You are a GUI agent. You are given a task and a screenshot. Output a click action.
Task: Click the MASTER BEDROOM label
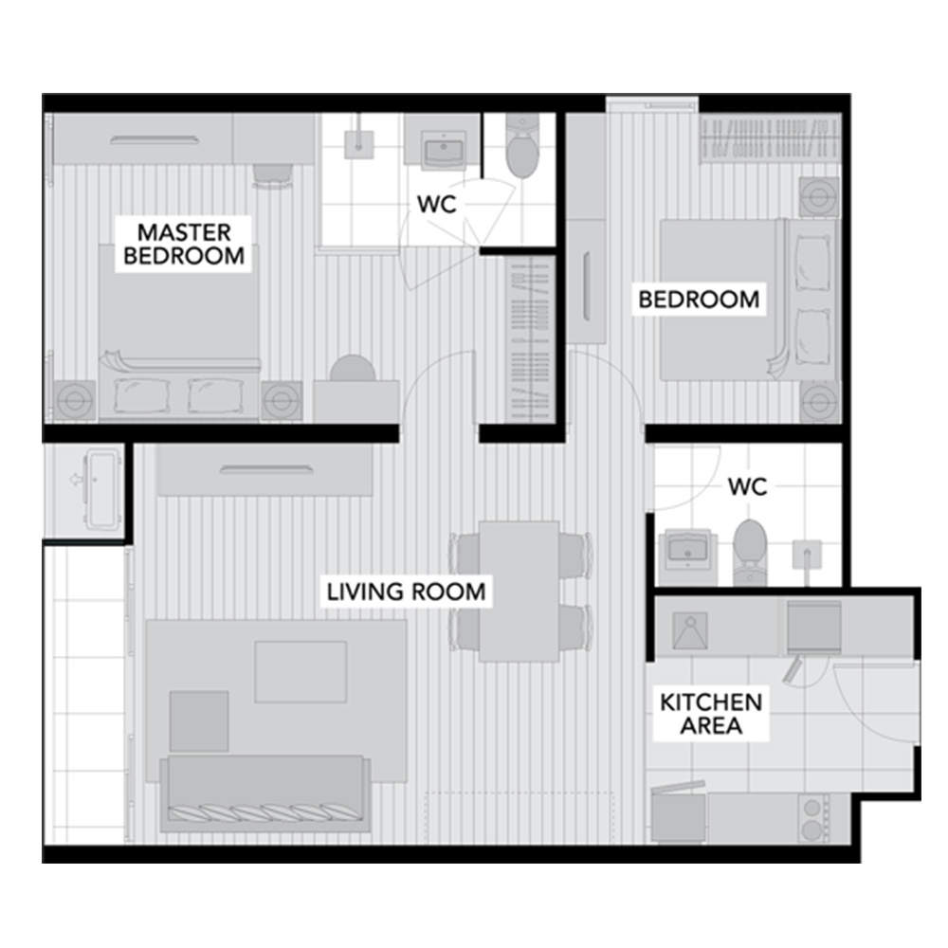coord(184,244)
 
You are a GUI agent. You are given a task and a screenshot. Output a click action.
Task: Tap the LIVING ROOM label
coord(407,592)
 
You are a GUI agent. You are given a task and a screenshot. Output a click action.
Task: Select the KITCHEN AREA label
coord(711,714)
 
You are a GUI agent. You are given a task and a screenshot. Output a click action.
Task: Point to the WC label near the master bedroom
coord(436,205)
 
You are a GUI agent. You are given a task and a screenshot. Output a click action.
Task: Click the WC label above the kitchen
coord(747,486)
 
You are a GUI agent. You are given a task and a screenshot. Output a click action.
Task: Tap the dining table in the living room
coord(519,592)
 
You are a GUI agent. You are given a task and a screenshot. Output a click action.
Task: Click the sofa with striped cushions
coord(265,793)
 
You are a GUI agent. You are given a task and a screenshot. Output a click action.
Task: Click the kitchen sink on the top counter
coord(690,631)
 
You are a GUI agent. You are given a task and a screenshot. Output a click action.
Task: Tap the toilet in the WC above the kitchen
coord(750,552)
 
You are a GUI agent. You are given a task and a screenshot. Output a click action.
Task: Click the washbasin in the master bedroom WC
coord(443,150)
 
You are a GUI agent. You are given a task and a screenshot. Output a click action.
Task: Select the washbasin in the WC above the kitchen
coord(687,549)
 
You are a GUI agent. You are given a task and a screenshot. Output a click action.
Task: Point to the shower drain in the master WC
coord(359,144)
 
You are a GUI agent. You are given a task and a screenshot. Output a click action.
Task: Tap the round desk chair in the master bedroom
coord(353,368)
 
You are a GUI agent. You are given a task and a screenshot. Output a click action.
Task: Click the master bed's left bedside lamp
coord(75,400)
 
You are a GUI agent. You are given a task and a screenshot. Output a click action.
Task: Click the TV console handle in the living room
coord(266,469)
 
